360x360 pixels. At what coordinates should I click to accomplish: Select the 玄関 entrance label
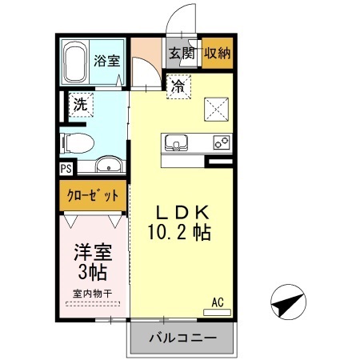[x=182, y=54]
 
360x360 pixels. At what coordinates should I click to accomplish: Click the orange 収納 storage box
[x=218, y=54]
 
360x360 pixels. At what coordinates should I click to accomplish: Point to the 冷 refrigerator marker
[x=177, y=86]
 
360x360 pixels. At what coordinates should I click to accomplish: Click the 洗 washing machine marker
[x=80, y=103]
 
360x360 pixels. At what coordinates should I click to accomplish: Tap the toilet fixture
[x=78, y=142]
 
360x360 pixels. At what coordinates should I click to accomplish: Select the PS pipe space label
[x=66, y=169]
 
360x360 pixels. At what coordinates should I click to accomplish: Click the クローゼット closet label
[x=90, y=194]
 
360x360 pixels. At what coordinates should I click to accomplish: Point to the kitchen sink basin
[x=175, y=144]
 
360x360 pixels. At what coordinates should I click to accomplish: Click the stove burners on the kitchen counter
[x=220, y=143]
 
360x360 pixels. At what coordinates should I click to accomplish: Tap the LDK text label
[x=182, y=212]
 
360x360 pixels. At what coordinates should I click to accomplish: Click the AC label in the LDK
[x=217, y=302]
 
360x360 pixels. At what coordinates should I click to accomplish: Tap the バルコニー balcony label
[x=182, y=339]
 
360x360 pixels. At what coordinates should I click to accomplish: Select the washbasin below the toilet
[x=108, y=166]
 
